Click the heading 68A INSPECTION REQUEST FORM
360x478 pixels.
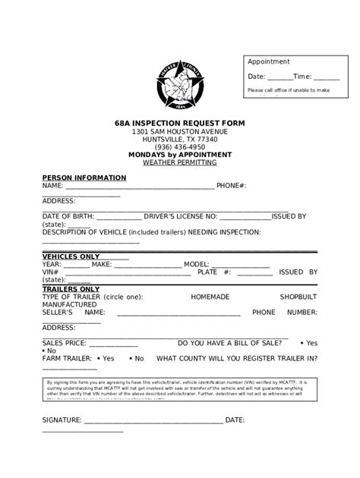[180, 123]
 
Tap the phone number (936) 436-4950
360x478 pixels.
[180, 147]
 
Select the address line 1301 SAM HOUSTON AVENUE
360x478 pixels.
[180, 131]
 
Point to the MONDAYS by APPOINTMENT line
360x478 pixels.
[180, 155]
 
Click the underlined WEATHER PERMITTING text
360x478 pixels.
[180, 162]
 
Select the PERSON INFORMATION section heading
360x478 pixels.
[84, 178]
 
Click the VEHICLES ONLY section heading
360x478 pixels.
[71, 256]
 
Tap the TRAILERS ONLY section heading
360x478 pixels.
[71, 289]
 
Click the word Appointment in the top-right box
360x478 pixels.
[269, 61]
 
